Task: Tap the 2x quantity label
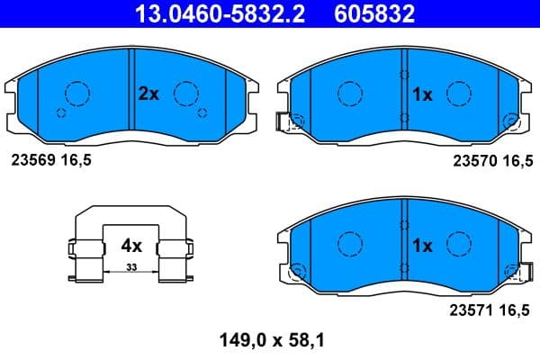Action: pyautogui.click(x=148, y=93)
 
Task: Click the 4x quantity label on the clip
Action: pyautogui.click(x=131, y=245)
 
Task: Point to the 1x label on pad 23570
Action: pyautogui.click(x=423, y=93)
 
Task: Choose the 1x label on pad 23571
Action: pyautogui.click(x=423, y=245)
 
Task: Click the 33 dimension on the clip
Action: pyautogui.click(x=131, y=267)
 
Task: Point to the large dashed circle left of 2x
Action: pyautogui.click(x=76, y=93)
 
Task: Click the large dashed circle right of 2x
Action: pyautogui.click(x=186, y=93)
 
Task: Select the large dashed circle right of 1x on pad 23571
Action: pyautogui.click(x=460, y=244)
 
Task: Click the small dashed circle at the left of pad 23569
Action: pyautogui.click(x=61, y=112)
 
